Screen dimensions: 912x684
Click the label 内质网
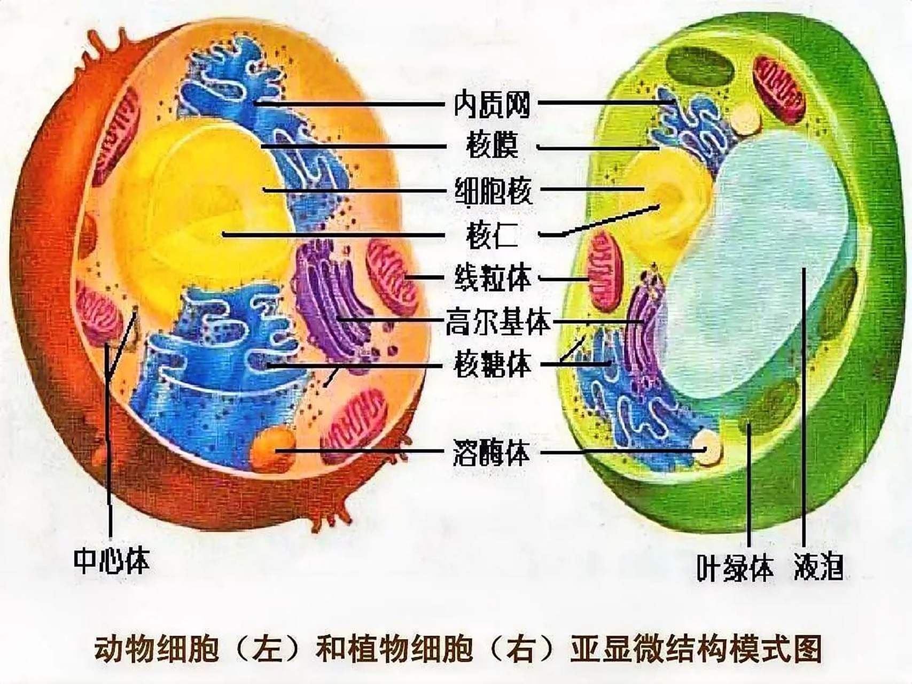tap(491, 104)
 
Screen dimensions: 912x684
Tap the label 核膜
tap(492, 146)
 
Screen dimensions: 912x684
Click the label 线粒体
tap(493, 278)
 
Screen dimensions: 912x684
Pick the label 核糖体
tap(493, 366)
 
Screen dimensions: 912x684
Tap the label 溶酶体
tap(492, 453)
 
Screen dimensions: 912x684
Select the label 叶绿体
tap(735, 568)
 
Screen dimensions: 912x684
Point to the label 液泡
tap(818, 566)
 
